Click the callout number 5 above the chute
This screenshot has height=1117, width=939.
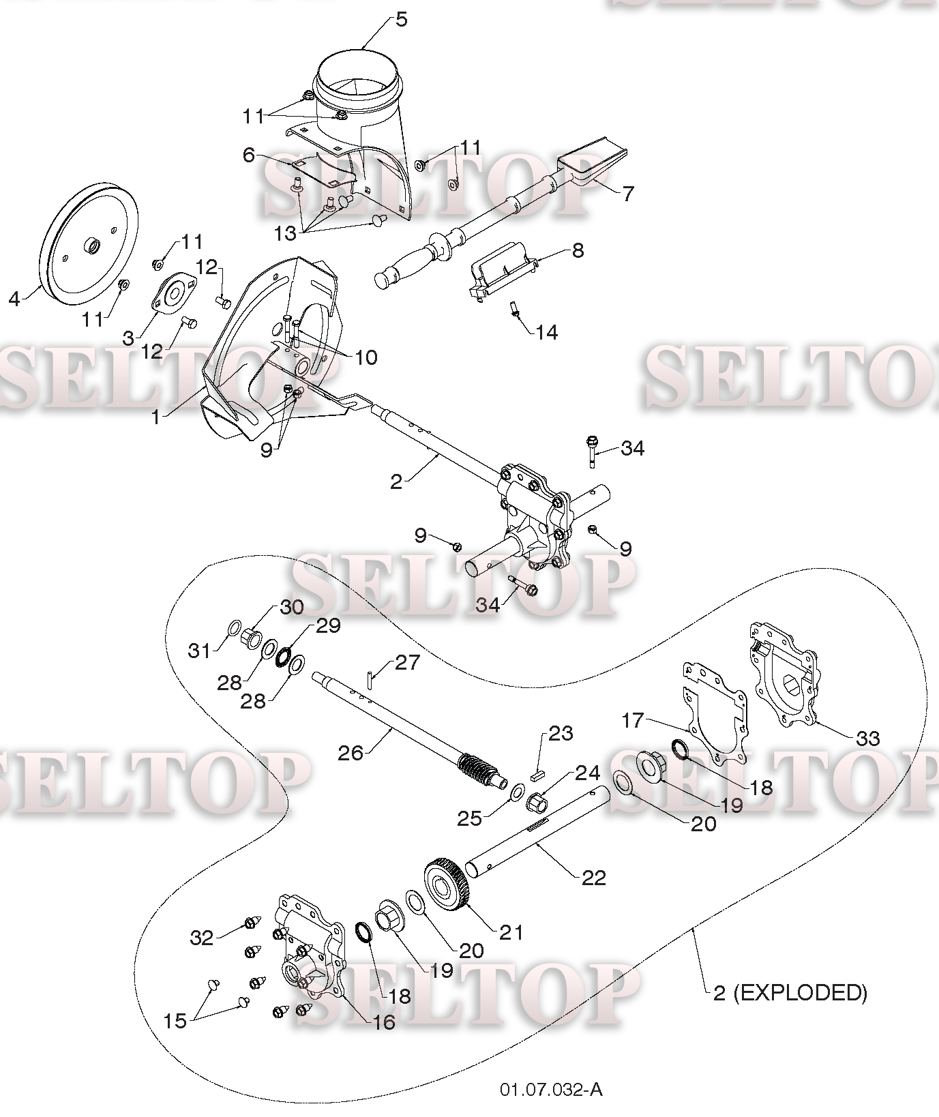[x=401, y=20]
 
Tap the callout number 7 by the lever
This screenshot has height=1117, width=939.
[x=627, y=193]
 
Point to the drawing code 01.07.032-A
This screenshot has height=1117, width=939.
[x=551, y=1090]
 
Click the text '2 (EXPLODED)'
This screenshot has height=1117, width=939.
[x=790, y=992]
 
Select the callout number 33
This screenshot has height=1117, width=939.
[x=867, y=739]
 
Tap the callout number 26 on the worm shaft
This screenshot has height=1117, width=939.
[x=351, y=753]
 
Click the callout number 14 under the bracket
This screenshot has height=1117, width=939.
[x=546, y=332]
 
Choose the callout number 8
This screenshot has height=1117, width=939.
[x=578, y=250]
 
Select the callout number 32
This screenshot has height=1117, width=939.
[x=202, y=938]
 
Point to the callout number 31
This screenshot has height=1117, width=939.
[x=200, y=651]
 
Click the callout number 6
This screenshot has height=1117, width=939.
[x=249, y=155]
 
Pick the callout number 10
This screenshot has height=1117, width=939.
[x=366, y=357]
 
